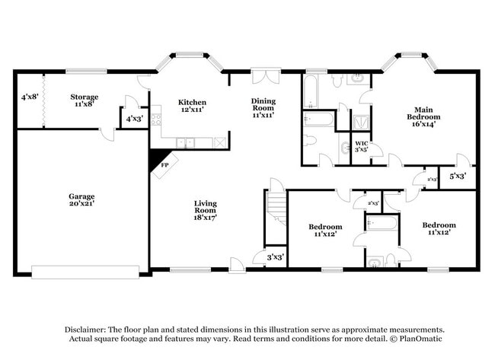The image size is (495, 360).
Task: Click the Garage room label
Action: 81,196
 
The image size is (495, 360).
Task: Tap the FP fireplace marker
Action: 164,164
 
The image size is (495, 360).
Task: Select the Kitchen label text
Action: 192,102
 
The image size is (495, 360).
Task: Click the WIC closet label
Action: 362,142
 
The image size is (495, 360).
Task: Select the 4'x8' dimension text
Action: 30,97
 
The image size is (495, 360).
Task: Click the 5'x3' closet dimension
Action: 457,177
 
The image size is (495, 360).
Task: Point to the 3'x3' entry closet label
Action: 274,257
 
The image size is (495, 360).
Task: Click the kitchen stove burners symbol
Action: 156,119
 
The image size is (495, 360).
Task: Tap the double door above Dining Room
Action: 265,76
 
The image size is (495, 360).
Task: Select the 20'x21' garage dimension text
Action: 81,204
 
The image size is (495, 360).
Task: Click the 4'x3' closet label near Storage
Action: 134,119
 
